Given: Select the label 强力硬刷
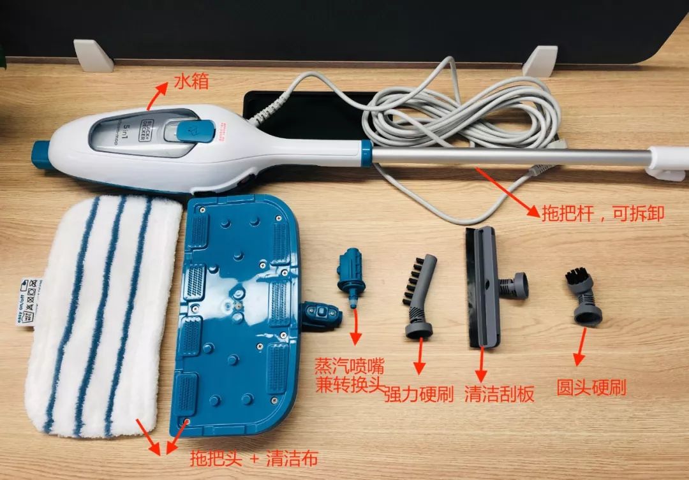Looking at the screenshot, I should [x=419, y=395].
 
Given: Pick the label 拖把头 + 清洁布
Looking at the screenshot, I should [x=253, y=458].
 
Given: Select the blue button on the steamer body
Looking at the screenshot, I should [x=189, y=131].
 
